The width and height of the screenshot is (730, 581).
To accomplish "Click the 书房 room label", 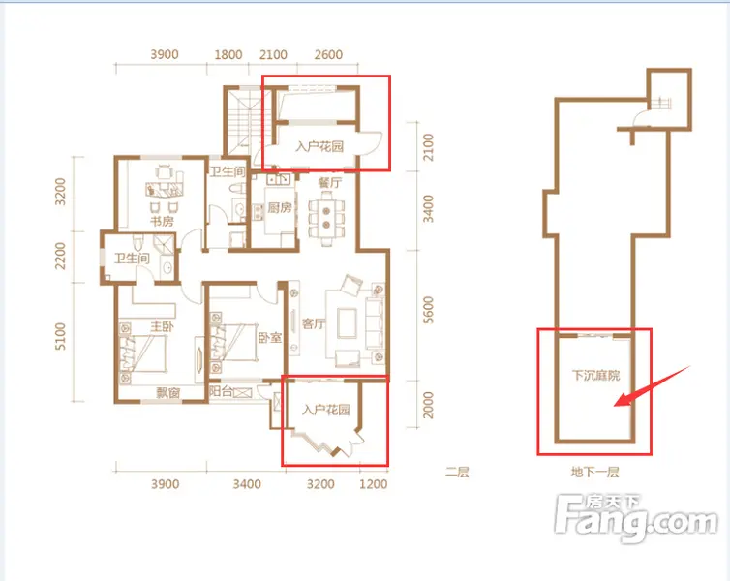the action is coord(162,221).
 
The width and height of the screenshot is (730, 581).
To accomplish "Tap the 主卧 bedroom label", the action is coord(162,326).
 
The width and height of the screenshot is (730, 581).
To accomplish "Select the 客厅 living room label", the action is coord(314,323).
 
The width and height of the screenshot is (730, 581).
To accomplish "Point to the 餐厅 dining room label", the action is coord(330,182).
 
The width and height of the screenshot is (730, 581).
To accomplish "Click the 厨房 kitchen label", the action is coord(280,207).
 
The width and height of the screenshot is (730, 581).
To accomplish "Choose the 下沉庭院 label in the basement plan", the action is coord(596,376).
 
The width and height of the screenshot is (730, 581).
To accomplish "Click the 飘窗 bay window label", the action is coord(168,393).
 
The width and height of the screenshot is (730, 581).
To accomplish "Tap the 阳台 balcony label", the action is coord(221,391).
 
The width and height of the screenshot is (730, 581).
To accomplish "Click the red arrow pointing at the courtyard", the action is coord(652,386).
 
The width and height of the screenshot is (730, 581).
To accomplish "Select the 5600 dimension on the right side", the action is coord(428,310).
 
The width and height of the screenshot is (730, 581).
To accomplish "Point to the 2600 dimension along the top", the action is coord(328,55).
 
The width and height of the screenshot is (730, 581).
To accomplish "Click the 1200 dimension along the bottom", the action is coord(374,484).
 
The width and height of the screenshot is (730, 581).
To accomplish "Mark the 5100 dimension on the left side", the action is coord(61,336).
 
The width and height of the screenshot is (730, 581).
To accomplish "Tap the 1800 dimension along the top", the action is coord(228,55).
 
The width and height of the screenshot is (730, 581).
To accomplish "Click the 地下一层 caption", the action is coord(595,473).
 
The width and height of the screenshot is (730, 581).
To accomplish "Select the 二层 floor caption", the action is coord(457,473).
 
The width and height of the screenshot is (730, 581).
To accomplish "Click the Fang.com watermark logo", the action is coord(636,517).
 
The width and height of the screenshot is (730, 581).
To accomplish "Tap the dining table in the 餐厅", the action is coord(326,218).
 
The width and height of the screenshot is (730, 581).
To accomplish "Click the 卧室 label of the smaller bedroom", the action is coord(270,337).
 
